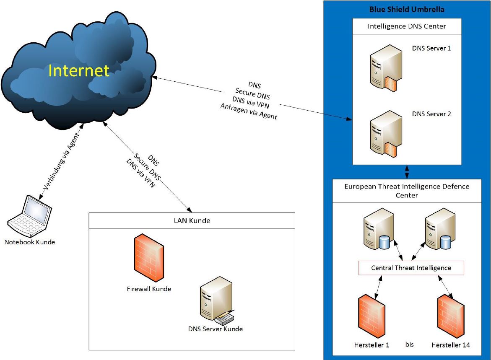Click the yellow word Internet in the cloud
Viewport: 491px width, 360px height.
tap(79, 70)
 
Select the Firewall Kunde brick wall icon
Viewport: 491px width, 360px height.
tap(149, 259)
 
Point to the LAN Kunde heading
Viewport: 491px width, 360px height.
tap(192, 220)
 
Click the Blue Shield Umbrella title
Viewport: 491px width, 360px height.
tap(406, 9)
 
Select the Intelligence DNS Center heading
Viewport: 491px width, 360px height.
tap(406, 26)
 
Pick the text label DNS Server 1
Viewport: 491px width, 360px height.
tap(431, 48)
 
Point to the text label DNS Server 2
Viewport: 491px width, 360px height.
tap(431, 114)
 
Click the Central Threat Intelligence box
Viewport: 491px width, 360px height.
tap(411, 268)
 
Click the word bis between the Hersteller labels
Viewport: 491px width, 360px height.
tap(409, 344)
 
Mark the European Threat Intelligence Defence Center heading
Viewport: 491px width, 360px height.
tap(406, 190)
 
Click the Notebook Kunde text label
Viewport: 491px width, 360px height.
tap(30, 242)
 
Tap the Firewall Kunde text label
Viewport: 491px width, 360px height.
tap(149, 289)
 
